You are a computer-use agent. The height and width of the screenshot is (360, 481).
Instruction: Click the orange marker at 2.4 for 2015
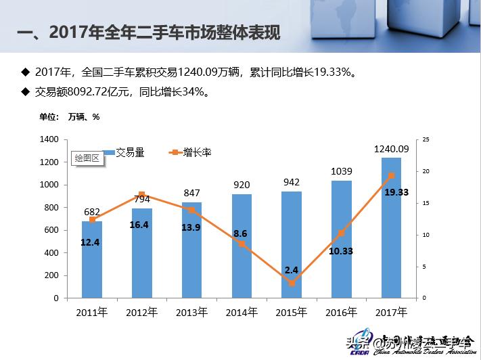pos(292,283)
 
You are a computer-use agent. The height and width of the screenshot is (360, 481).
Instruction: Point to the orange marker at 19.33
pos(391,175)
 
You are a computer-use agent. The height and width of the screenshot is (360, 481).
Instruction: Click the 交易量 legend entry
pos(125,153)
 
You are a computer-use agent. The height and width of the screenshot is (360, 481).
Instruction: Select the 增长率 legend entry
pos(192,153)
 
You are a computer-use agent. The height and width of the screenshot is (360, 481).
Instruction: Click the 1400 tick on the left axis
pos(50,139)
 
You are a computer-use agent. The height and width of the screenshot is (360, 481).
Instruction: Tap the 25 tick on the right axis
pos(426,139)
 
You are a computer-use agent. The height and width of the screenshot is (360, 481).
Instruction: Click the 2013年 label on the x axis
pos(191,312)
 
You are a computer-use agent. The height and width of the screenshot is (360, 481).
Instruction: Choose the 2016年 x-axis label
pos(341,312)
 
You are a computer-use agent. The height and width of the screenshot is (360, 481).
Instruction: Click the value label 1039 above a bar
pos(341,172)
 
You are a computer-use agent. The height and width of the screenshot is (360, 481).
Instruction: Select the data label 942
pos(292,182)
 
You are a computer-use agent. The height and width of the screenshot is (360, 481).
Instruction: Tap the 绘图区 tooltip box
pos(87,158)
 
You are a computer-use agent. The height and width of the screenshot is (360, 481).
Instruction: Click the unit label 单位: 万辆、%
pos(70,116)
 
